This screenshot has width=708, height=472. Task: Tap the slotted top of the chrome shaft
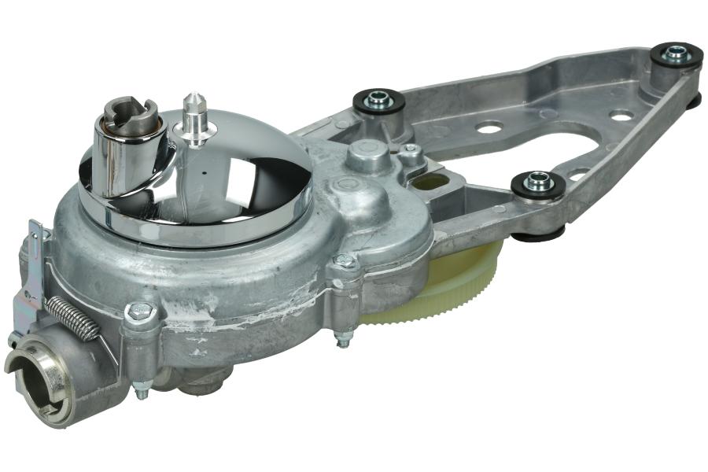click(x=128, y=117)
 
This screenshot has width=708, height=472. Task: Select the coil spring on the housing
click(x=72, y=317)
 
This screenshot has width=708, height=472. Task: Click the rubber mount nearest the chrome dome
click(x=378, y=100)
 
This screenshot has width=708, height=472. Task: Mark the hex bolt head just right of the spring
click(x=138, y=312)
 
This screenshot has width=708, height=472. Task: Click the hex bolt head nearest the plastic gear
click(x=344, y=262)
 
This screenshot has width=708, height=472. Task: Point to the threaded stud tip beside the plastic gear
click(x=344, y=340)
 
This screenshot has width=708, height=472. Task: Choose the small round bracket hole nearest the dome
click(x=489, y=126)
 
